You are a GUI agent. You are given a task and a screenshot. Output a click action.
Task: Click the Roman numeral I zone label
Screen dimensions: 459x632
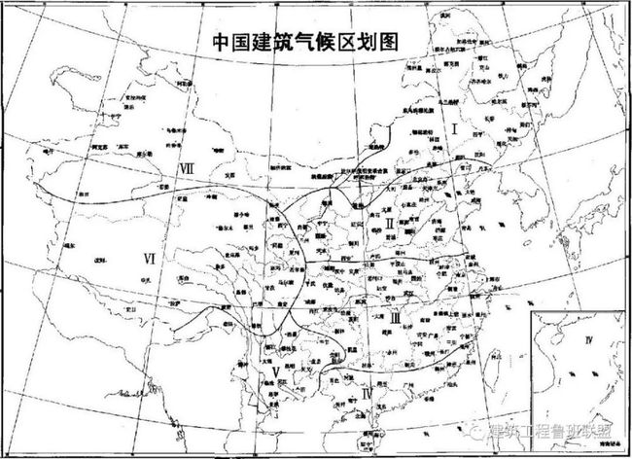pyautogui.click(x=453, y=127)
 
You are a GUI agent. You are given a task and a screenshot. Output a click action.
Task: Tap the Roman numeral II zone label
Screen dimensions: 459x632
pyautogui.click(x=389, y=223)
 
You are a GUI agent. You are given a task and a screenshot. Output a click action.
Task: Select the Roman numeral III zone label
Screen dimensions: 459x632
pyautogui.click(x=397, y=316)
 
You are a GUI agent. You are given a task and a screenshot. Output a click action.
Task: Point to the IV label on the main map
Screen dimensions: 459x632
pyautogui.click(x=365, y=396)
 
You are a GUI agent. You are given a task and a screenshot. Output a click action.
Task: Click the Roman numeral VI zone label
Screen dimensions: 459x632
pyautogui.click(x=149, y=258)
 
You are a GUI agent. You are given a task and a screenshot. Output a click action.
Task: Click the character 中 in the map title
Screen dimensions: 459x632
pyautogui.click(x=222, y=44)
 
